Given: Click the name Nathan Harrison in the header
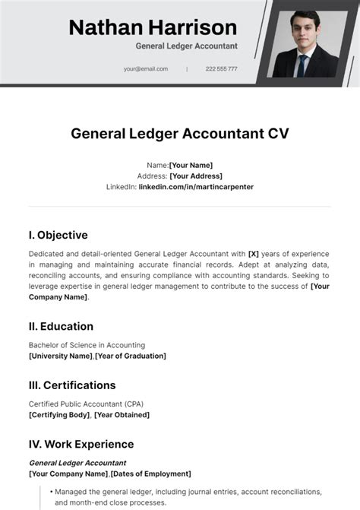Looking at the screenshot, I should [x=153, y=28].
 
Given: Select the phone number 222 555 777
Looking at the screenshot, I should [x=221, y=68].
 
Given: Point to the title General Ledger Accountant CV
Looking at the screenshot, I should [x=180, y=134].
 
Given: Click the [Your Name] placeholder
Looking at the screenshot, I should [x=191, y=165].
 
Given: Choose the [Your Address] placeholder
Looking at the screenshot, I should [x=196, y=176].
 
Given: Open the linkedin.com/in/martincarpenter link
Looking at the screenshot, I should [x=196, y=186].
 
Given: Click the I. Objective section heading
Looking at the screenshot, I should [x=58, y=235].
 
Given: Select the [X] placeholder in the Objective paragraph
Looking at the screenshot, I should [x=254, y=254].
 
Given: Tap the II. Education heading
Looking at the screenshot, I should [x=61, y=326].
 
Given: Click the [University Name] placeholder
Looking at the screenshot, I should [x=61, y=356].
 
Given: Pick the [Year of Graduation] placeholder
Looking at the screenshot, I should [x=131, y=356].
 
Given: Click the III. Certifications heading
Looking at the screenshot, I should [x=72, y=385].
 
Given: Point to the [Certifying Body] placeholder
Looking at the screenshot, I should [x=59, y=415].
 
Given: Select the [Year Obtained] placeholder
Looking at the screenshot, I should [x=122, y=415].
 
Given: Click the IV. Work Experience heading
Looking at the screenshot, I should [x=81, y=445].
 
